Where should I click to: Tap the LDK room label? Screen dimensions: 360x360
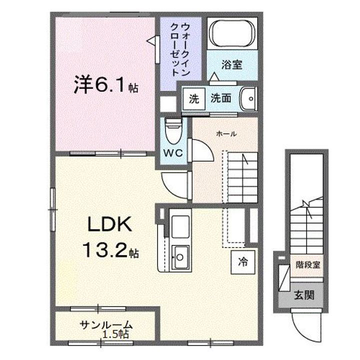(x=110, y=226)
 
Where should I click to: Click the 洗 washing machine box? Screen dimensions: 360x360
(x=193, y=98)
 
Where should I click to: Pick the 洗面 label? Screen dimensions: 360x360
(x=220, y=98)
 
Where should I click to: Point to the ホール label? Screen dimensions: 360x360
(x=226, y=133)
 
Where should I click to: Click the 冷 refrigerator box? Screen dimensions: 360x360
(x=242, y=261)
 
